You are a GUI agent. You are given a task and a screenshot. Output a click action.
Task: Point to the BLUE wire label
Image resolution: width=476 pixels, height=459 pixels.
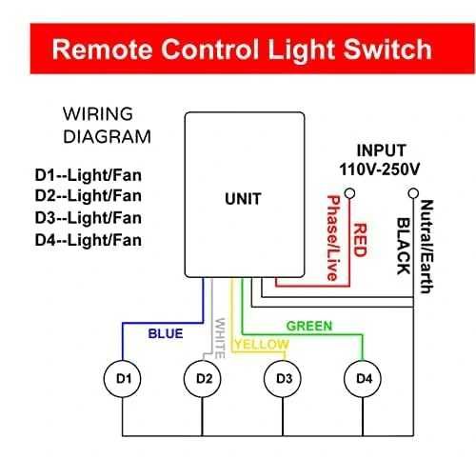click(x=165, y=334)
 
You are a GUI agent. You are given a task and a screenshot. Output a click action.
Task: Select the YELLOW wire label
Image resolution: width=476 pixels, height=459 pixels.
click(x=261, y=344)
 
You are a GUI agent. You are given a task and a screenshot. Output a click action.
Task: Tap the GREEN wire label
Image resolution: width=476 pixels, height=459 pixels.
click(x=309, y=326)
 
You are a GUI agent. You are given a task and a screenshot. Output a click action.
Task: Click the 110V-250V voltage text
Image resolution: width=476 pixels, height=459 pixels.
click(x=382, y=168)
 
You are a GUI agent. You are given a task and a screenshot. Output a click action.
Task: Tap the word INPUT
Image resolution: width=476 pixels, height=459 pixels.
click(x=382, y=150)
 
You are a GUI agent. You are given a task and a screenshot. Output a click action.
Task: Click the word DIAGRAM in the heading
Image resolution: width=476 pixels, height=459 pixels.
click(x=106, y=135)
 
